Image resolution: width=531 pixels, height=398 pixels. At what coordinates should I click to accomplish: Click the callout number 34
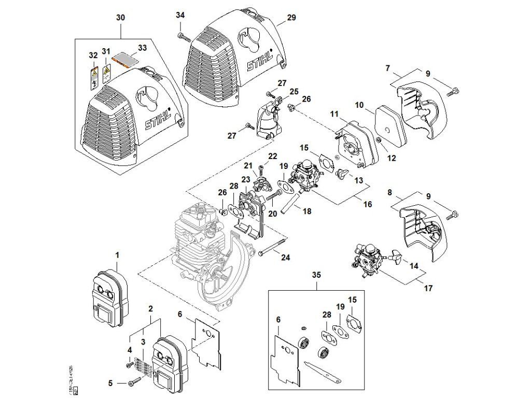click(179, 16)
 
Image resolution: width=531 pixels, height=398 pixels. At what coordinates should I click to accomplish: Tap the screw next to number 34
click(181, 36)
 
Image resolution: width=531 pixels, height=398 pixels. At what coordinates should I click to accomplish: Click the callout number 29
click(291, 18)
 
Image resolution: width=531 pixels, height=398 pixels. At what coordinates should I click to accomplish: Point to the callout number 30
click(120, 18)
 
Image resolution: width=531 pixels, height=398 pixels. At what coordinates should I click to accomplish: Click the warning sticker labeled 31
click(106, 74)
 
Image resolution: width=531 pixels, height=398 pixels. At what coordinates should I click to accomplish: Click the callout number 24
click(286, 257)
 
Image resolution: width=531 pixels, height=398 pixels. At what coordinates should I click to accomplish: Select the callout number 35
click(316, 275)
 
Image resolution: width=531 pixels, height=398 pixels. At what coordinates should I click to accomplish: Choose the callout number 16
click(367, 205)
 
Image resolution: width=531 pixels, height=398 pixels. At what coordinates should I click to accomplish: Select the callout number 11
click(334, 113)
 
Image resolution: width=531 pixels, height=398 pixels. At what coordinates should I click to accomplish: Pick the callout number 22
click(273, 157)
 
